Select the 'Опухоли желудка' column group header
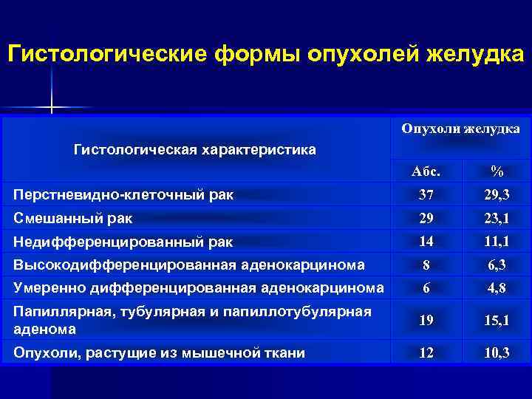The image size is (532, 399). pyautogui.click(x=460, y=129)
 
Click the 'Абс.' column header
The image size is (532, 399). pyautogui.click(x=426, y=171)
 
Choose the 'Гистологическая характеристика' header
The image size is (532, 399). pyautogui.click(x=195, y=150)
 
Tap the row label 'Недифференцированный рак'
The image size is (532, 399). pyautogui.click(x=123, y=242)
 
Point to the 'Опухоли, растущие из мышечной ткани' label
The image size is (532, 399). pyautogui.click(x=160, y=353)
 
